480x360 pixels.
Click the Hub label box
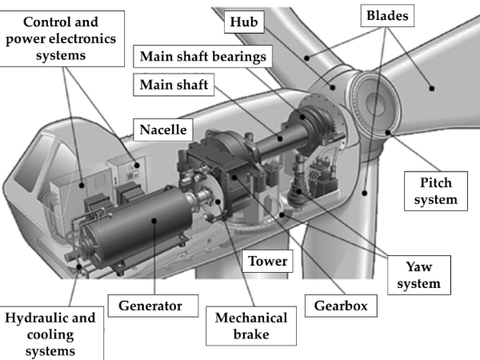(x=244, y=22)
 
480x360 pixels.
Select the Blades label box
(x=387, y=16)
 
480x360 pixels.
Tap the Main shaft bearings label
(x=202, y=56)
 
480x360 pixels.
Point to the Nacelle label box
(x=163, y=130)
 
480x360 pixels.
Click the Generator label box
(x=153, y=306)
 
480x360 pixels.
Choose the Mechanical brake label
(x=251, y=326)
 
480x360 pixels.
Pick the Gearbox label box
(x=341, y=306)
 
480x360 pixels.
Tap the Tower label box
(x=267, y=261)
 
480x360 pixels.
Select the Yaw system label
(x=419, y=275)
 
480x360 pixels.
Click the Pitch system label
(x=436, y=191)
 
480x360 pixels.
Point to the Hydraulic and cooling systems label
(x=50, y=334)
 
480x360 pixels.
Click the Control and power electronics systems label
(x=61, y=38)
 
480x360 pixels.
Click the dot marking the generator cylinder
(x=154, y=221)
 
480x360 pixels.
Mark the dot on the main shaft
(x=280, y=138)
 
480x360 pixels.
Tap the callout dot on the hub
(x=333, y=87)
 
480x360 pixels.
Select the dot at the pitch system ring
(x=388, y=132)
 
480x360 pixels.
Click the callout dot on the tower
(x=364, y=193)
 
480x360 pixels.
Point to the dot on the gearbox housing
(x=234, y=178)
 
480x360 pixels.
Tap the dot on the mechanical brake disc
(x=218, y=202)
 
